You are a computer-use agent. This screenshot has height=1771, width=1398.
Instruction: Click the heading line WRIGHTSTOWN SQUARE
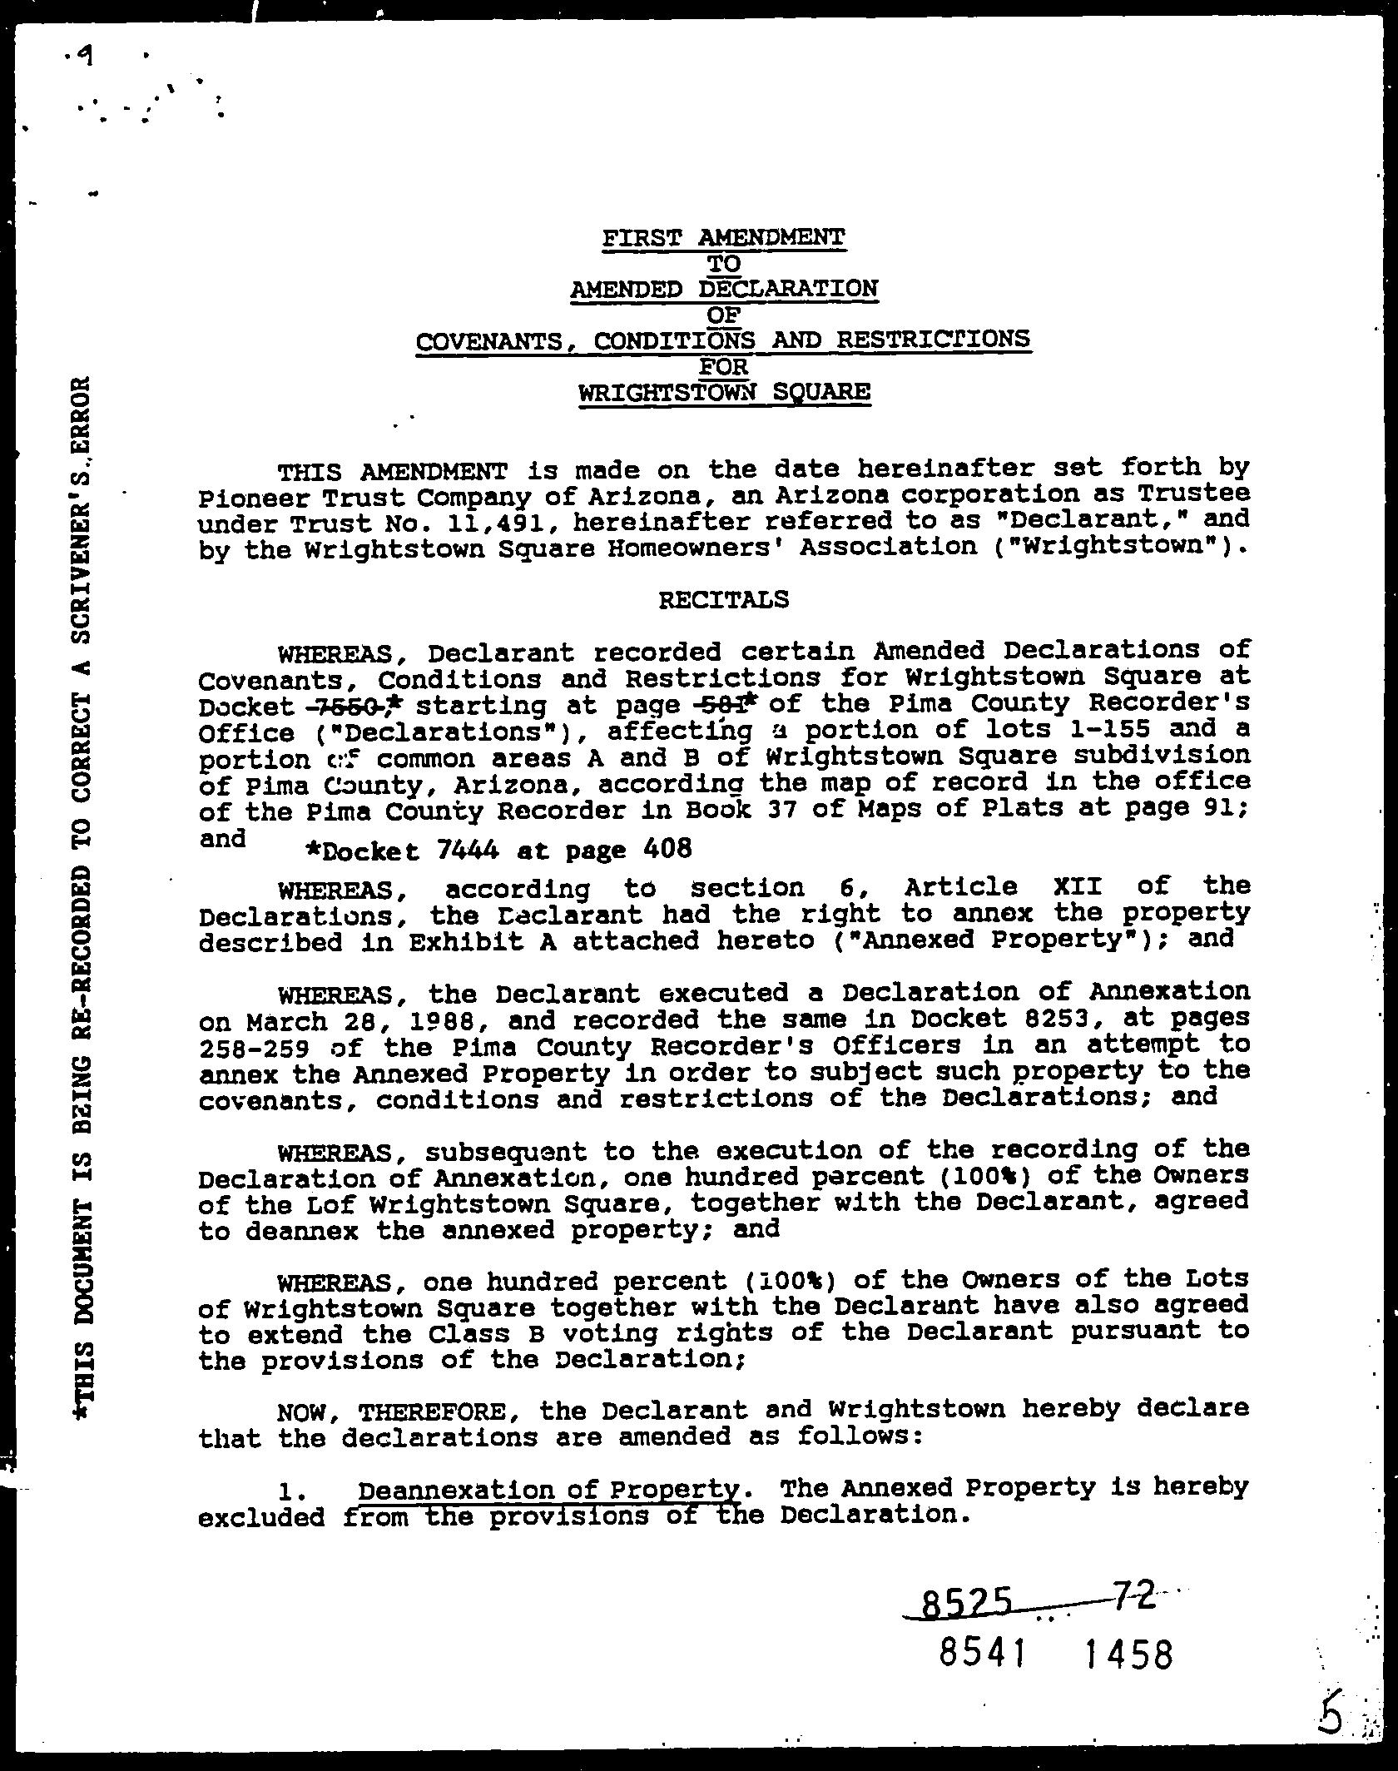[724, 392]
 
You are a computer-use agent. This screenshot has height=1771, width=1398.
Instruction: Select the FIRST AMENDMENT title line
[724, 238]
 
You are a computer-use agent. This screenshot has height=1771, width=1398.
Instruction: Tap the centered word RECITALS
[723, 599]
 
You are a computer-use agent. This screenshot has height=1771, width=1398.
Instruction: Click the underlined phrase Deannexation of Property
[549, 1489]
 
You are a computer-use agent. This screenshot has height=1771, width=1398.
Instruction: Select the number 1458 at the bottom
[1128, 1654]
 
